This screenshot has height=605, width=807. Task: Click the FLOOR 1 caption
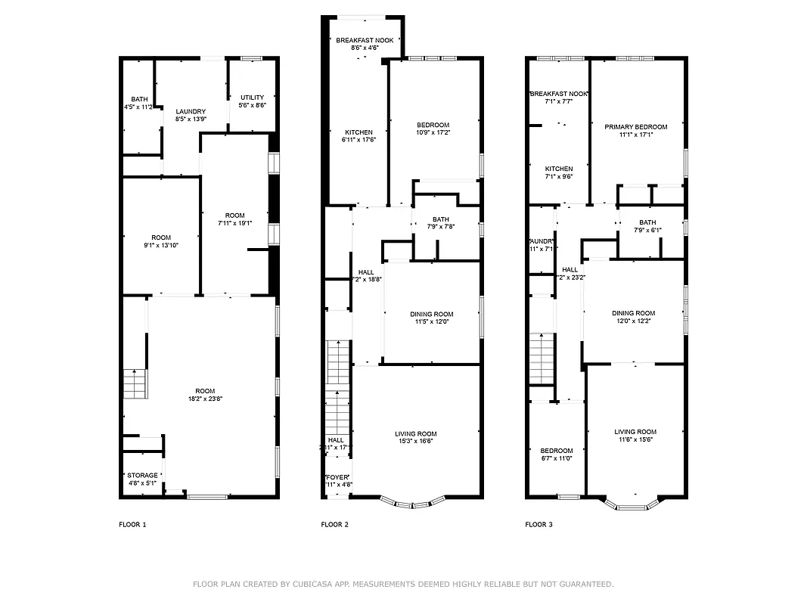132,524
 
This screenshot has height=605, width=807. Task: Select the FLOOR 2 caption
335,524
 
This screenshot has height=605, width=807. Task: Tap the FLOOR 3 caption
539,524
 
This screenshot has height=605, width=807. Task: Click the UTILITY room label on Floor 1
252,98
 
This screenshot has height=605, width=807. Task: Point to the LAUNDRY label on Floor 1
191,112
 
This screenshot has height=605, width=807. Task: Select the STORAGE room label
142,476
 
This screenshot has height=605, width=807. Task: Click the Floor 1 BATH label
139,99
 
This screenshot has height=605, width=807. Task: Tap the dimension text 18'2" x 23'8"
211,399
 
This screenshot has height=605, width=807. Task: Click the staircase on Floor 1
135,384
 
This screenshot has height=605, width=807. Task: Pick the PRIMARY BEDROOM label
635,127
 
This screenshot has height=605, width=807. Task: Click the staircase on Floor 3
542,358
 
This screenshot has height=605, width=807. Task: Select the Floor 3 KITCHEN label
559,169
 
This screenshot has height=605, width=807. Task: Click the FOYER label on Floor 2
337,477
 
